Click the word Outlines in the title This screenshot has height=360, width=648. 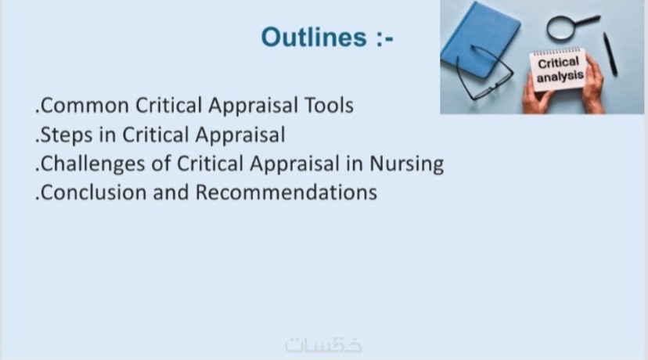tap(314, 37)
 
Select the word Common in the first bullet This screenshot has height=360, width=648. tap(85, 106)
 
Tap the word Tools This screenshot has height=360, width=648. tap(329, 105)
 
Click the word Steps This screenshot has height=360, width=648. tap(67, 135)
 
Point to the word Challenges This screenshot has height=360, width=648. tap(93, 164)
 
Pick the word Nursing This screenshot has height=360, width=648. tap(407, 164)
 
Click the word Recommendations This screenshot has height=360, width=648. tap(286, 193)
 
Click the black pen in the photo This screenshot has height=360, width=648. tap(610, 54)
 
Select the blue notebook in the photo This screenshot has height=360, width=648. tap(480, 40)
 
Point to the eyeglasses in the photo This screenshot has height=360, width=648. tap(484, 74)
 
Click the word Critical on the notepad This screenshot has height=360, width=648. tap(558, 63)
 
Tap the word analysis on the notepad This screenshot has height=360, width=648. tap(560, 77)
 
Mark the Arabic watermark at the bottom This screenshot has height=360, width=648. tap(323, 344)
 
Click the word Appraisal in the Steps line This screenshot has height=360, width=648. tap(240, 135)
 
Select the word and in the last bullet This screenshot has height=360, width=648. tap(171, 193)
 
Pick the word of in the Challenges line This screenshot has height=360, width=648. tap(161, 164)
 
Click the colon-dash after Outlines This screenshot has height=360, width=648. tap(385, 38)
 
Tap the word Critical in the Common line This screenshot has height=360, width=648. tap(168, 106)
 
